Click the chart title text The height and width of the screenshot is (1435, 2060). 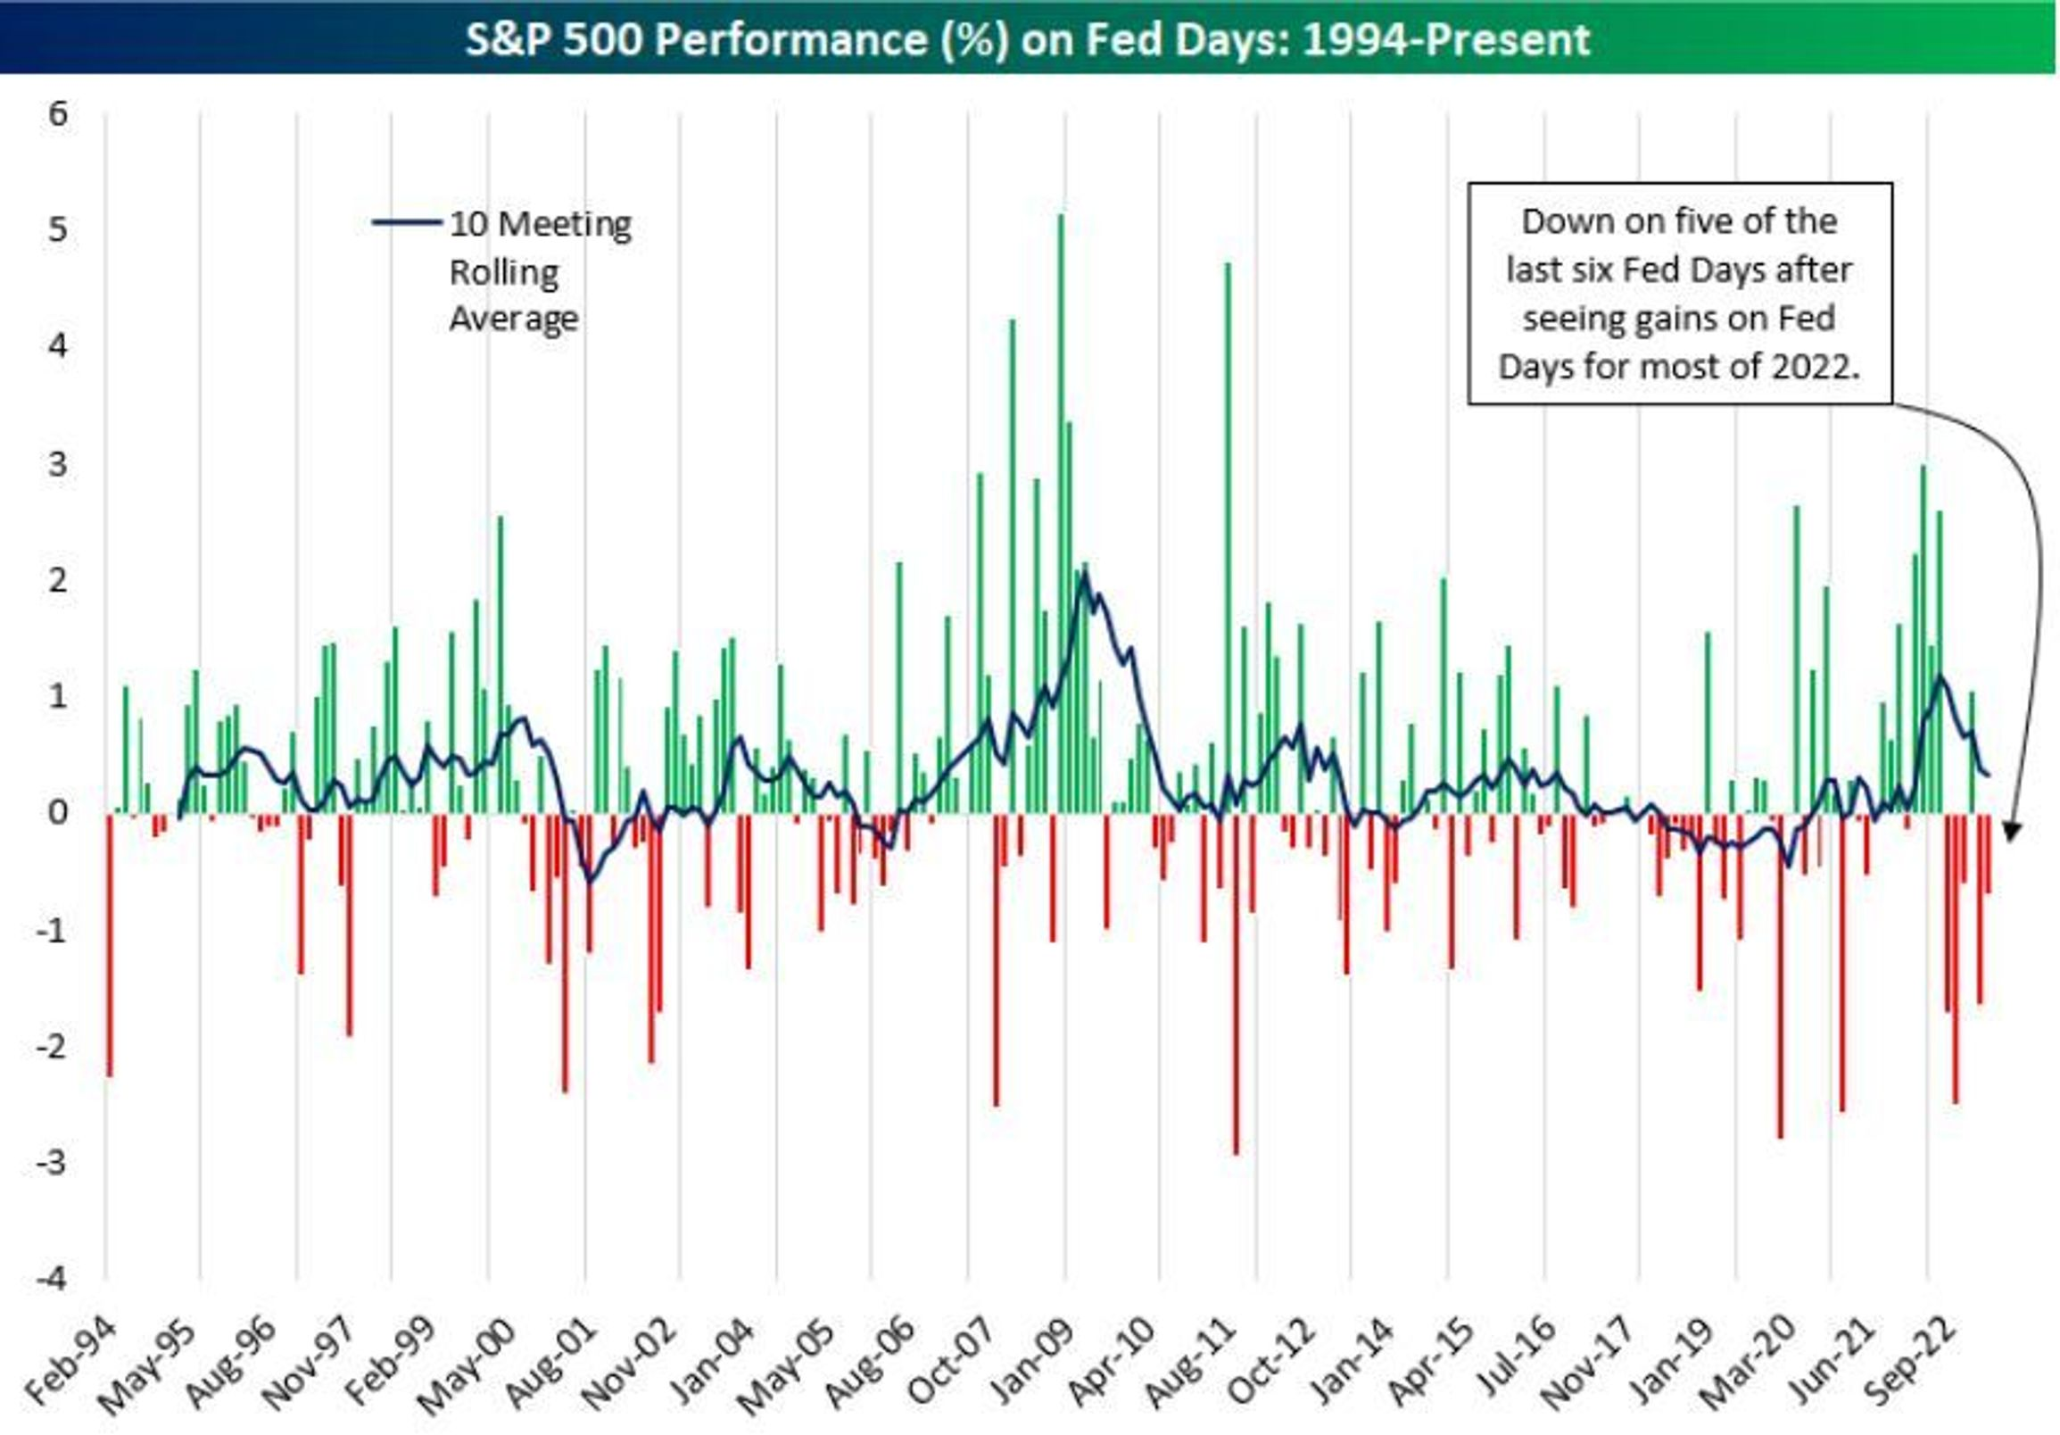[x=1027, y=39]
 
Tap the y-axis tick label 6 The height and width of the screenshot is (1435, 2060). [x=58, y=114]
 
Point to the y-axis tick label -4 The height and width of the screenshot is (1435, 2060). [x=52, y=1278]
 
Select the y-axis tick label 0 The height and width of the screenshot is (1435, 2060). [x=58, y=812]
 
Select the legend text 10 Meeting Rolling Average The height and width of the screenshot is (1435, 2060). [x=538, y=270]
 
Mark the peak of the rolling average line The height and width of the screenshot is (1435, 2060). [x=1084, y=575]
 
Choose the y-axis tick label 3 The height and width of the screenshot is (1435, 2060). [x=58, y=464]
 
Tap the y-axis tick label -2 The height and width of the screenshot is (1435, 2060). [x=52, y=1047]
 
